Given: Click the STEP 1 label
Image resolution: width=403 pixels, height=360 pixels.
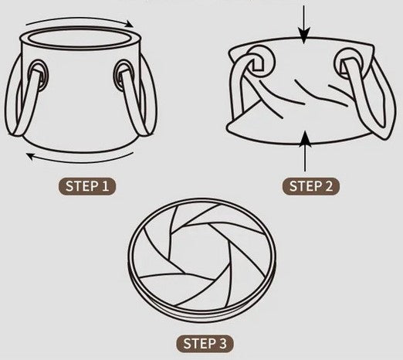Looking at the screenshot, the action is tap(86, 186).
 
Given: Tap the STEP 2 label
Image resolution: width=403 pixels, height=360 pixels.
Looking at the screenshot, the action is tap(311, 186).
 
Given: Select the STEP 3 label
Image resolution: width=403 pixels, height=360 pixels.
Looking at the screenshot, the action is tap(205, 344).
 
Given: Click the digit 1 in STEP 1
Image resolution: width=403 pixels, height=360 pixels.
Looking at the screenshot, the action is tap(105, 186).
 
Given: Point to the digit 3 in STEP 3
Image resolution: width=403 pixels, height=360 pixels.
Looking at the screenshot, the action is tap(222, 344).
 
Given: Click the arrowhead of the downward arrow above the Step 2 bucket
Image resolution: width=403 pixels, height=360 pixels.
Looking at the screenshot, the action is tap(304, 36).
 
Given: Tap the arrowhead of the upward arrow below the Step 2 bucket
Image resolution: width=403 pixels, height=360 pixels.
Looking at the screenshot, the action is tap(305, 138).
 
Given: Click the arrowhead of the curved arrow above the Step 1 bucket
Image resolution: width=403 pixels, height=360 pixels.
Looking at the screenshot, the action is tap(129, 24).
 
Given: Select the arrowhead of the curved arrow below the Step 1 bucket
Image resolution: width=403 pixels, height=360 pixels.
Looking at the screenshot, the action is tap(32, 156).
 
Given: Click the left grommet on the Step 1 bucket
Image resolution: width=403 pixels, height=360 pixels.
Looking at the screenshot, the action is tap(39, 75).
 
